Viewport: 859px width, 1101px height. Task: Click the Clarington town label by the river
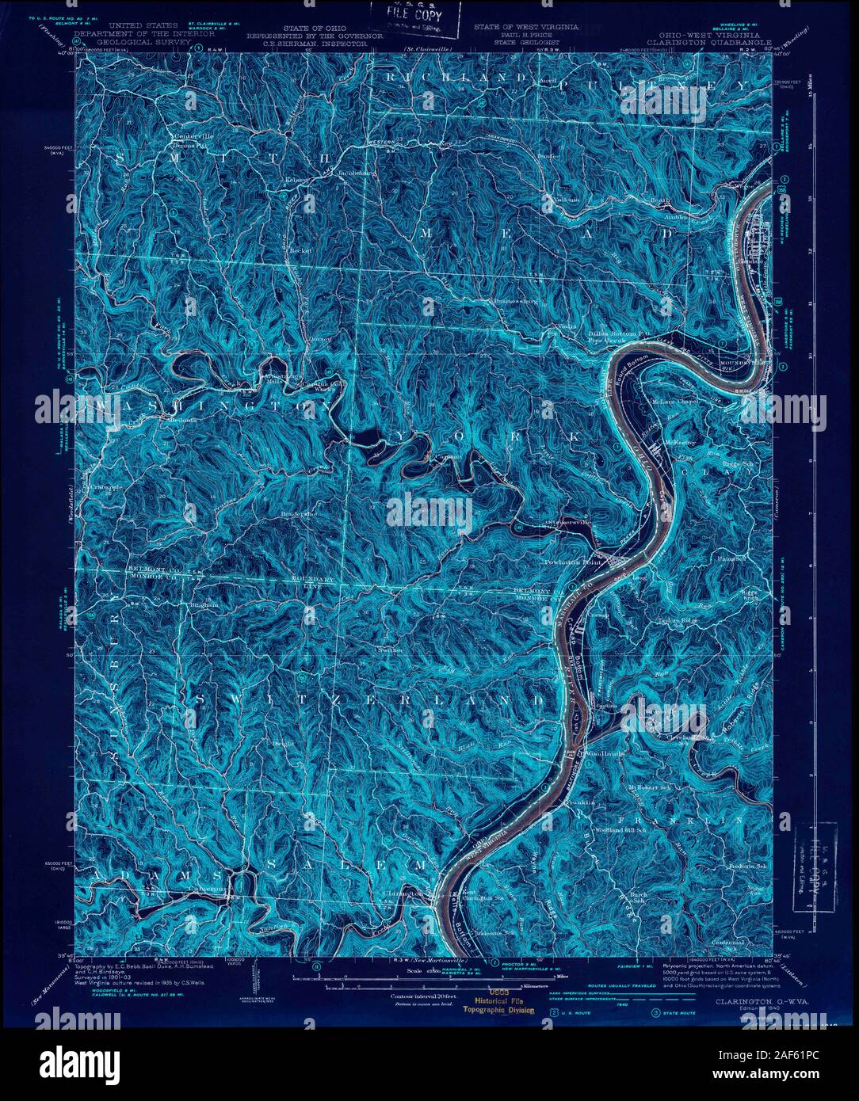point(407,893)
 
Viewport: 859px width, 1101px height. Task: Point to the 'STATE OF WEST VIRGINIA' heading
point(526,27)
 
